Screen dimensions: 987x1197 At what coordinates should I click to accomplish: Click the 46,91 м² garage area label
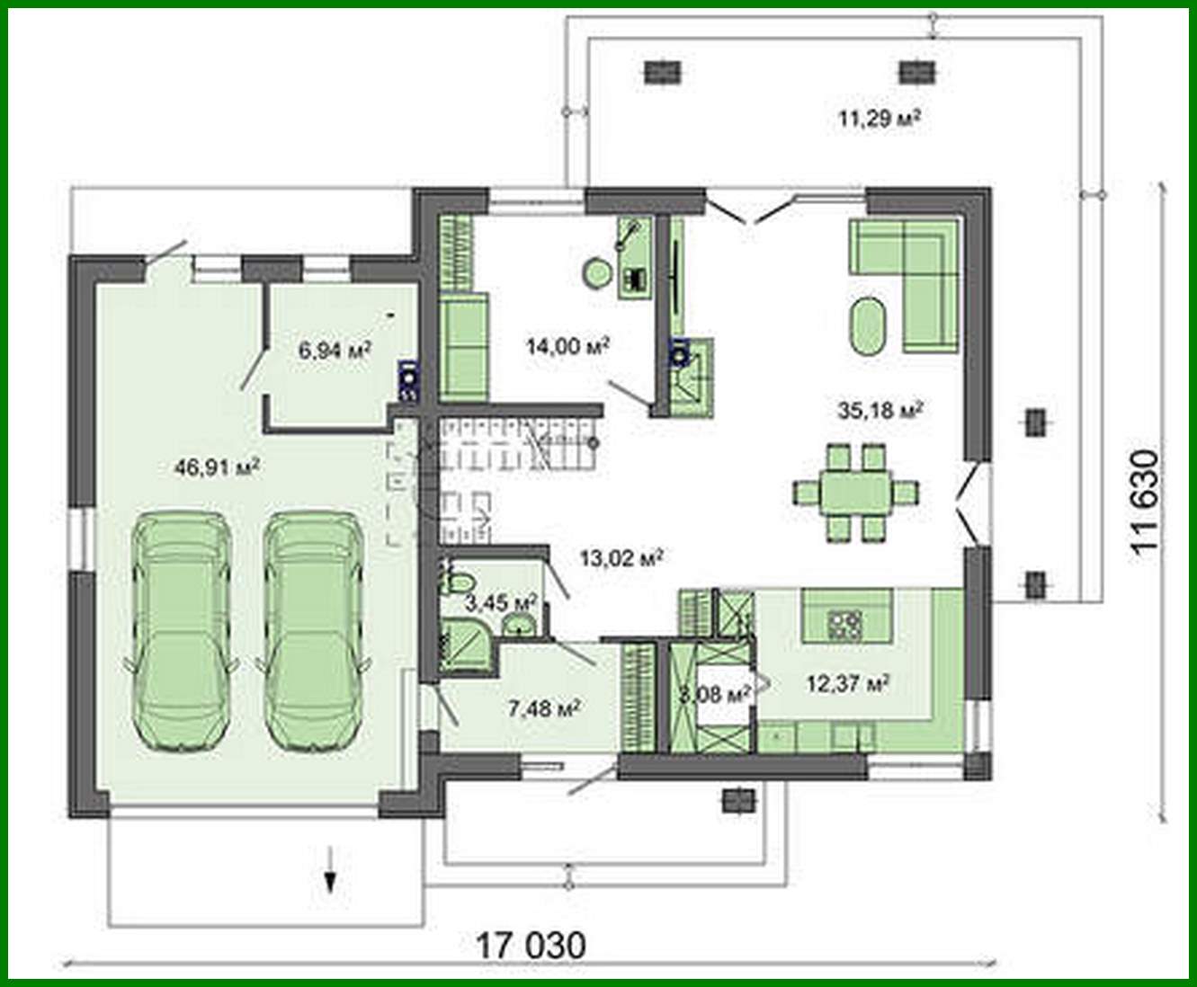[x=217, y=467]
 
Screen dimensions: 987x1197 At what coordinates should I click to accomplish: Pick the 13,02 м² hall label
[x=621, y=558]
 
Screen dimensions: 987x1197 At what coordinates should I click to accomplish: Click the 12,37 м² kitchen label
[x=847, y=684]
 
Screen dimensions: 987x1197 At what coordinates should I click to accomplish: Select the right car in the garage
[x=313, y=629]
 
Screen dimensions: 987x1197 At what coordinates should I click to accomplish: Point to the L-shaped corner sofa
[x=917, y=270]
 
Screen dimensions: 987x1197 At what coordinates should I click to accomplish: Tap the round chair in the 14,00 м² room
[x=595, y=273]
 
